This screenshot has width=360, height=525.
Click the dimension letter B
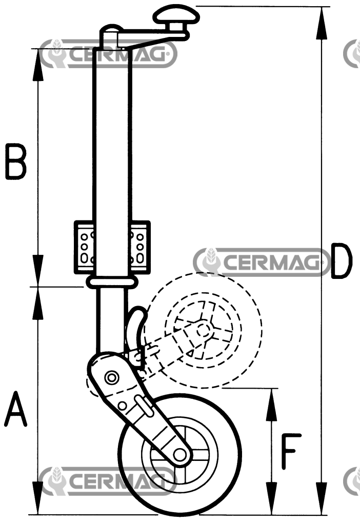click(16, 161)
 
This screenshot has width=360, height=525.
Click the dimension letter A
click(15, 409)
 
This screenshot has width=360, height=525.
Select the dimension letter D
click(341, 261)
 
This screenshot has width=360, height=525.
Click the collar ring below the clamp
click(111, 281)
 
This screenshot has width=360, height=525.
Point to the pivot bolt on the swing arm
click(110, 378)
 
